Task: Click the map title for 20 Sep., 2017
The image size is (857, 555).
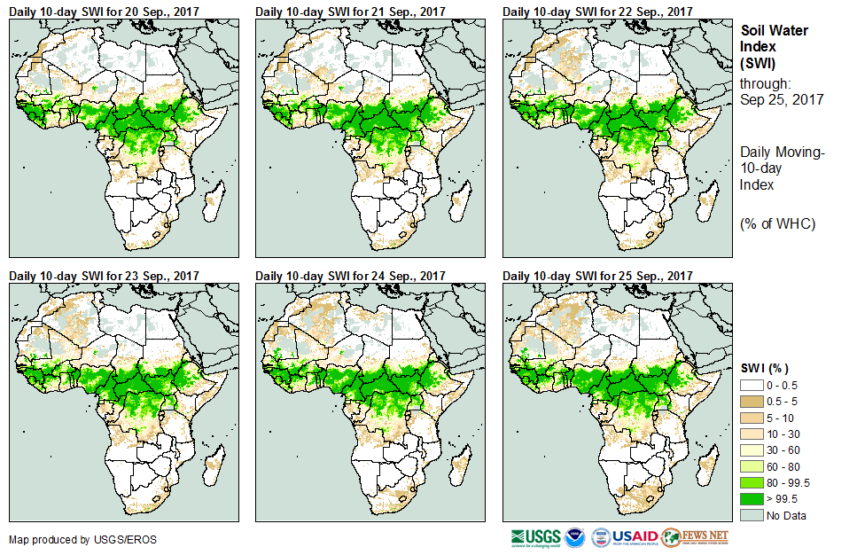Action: click(x=104, y=11)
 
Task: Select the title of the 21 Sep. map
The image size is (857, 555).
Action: click(x=350, y=11)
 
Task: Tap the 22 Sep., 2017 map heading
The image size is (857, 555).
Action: click(x=597, y=11)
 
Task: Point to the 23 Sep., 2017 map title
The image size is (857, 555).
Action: click(x=104, y=276)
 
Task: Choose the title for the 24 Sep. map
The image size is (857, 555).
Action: click(x=350, y=276)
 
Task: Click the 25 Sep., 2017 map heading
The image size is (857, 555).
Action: click(x=597, y=276)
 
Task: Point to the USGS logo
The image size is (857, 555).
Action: click(x=535, y=537)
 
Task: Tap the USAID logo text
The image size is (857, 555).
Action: click(x=635, y=537)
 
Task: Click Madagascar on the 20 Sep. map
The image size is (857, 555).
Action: click(x=211, y=205)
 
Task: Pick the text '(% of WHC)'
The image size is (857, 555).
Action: click(x=777, y=223)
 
